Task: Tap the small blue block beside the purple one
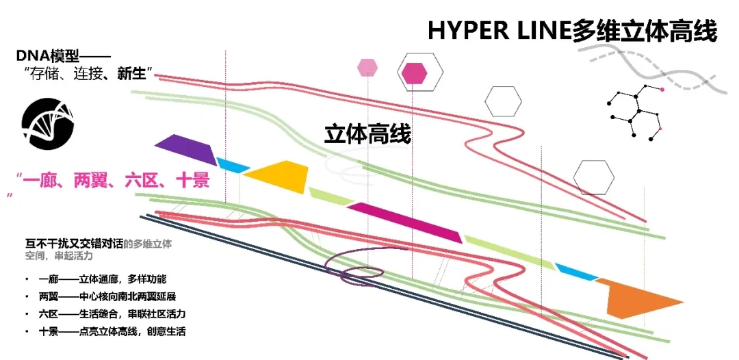(233, 165)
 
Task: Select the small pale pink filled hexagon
(367, 67)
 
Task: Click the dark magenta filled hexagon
(414, 73)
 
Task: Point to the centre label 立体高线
(367, 134)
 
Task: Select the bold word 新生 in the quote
(131, 73)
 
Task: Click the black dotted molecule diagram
(636, 110)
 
